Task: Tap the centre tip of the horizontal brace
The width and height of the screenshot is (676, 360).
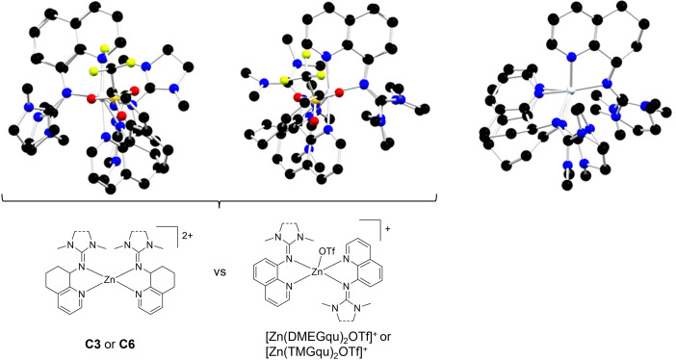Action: point(221,204)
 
